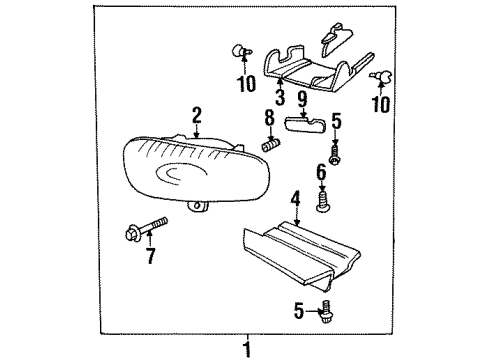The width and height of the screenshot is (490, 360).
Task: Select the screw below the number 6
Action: coord(321,203)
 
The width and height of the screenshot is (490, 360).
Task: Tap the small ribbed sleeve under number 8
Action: coord(268,145)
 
